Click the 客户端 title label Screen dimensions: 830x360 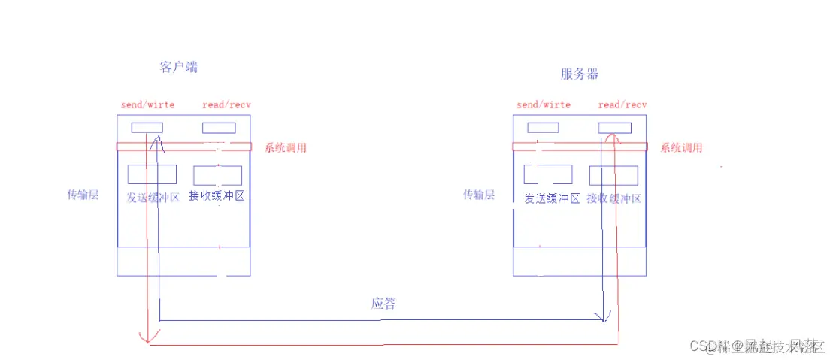click(179, 68)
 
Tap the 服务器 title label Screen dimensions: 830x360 click(580, 74)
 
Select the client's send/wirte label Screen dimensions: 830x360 click(147, 104)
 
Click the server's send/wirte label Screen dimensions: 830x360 click(544, 104)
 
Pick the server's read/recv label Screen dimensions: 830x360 click(622, 104)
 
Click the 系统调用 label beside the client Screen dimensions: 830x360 click(285, 148)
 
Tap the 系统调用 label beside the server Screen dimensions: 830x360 click(681, 148)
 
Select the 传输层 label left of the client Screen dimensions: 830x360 click(82, 195)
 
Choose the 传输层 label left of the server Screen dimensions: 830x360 click(479, 195)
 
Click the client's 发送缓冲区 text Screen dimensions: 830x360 click(153, 198)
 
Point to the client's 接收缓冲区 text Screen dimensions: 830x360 click(217, 197)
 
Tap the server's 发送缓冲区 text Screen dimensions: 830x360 click(552, 198)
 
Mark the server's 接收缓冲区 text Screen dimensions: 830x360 click(614, 198)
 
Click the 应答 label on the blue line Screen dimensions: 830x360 click(383, 304)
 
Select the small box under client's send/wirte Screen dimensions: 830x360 click(147, 128)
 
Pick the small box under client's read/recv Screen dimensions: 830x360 click(219, 128)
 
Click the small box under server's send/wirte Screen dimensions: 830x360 click(543, 128)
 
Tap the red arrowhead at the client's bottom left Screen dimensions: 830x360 click(148, 336)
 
